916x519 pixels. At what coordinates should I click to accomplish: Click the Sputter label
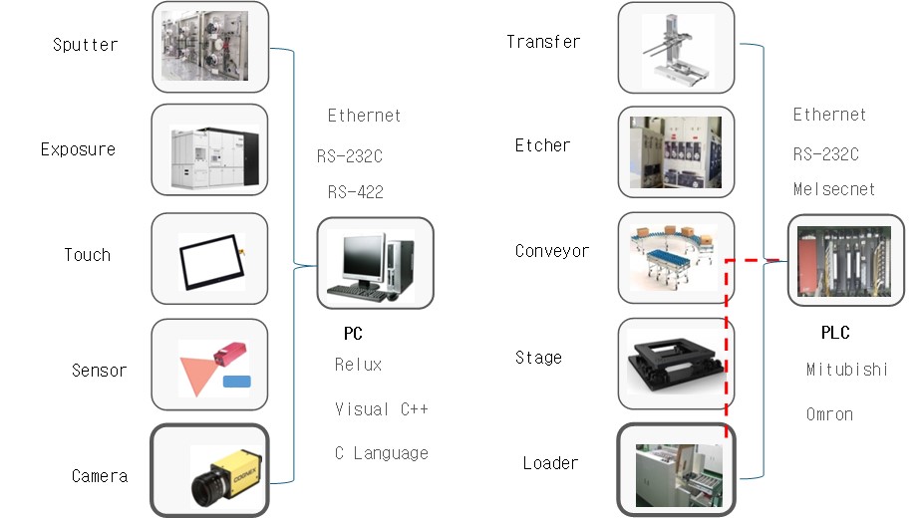tap(85, 46)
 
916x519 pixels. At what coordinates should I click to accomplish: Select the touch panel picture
tap(210, 259)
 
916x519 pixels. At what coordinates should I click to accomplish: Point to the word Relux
tap(358, 365)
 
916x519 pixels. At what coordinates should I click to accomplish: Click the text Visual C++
tap(382, 409)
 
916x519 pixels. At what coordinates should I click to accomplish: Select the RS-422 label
tap(355, 192)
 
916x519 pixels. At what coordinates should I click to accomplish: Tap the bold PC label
tap(352, 335)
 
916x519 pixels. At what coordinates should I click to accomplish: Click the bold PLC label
tap(835, 333)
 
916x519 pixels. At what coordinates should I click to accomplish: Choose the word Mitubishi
tap(846, 370)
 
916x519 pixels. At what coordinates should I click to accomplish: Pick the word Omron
tap(829, 414)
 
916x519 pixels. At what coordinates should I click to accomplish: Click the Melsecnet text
tap(834, 188)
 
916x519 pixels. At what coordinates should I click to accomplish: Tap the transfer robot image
tap(675, 48)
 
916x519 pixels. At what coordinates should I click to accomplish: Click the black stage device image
tap(676, 365)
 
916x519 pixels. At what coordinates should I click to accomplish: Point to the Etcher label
tap(542, 146)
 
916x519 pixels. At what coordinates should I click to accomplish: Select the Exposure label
tap(78, 150)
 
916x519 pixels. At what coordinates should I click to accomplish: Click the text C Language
tap(381, 453)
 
